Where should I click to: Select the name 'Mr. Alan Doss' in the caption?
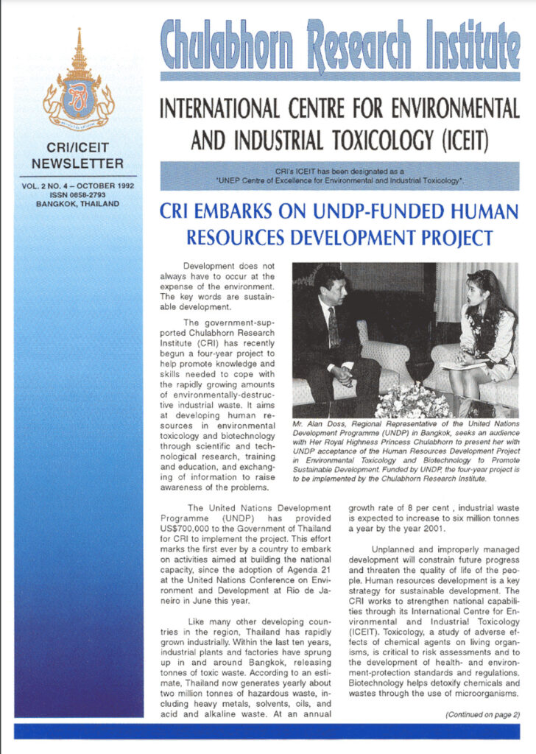pyautogui.click(x=320, y=426)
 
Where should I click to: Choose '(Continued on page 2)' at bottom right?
pyautogui.click(x=482, y=714)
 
